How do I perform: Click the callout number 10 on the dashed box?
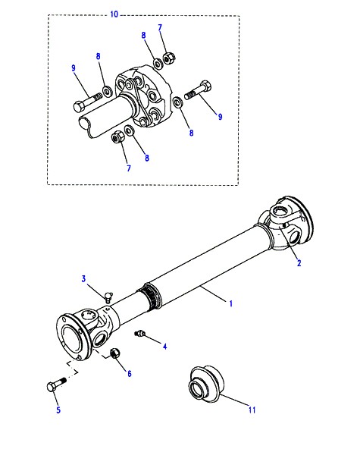tap(114, 14)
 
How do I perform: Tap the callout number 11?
tap(252, 410)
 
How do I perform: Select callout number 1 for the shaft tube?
tap(231, 303)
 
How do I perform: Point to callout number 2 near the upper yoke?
tap(299, 262)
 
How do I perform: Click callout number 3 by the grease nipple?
tap(83, 278)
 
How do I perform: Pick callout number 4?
tap(164, 347)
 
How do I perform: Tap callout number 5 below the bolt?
tap(58, 410)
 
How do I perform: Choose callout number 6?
tap(130, 373)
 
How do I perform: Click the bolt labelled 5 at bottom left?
tap(57, 385)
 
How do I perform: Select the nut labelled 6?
tap(114, 353)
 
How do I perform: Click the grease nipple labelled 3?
tap(108, 297)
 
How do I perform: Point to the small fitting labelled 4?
tap(140, 333)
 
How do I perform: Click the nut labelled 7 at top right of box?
tap(167, 58)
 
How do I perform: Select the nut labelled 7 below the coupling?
tap(117, 137)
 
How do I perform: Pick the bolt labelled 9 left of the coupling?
tap(88, 102)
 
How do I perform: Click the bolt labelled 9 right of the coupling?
tap(198, 90)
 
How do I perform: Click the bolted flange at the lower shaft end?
tap(71, 337)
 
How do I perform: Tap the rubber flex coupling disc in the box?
tap(143, 97)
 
